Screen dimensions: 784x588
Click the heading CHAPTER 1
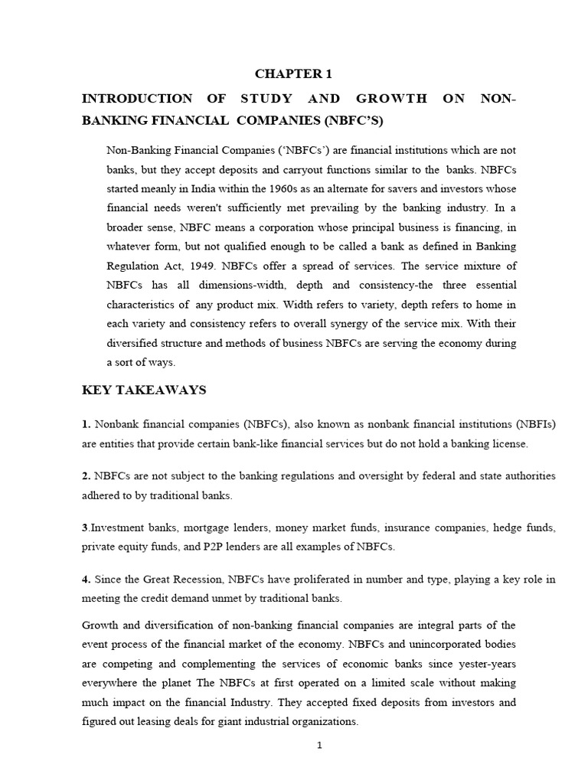(293, 74)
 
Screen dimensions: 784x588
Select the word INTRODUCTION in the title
(137, 99)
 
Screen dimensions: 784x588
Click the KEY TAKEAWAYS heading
(144, 390)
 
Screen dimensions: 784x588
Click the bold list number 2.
(86, 476)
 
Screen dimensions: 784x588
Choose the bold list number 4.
(86, 579)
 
